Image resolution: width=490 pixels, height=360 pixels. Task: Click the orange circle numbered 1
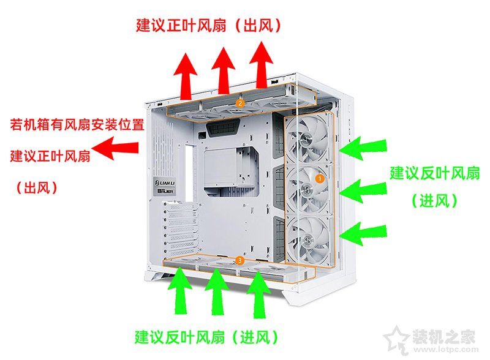pyautogui.click(x=320, y=178)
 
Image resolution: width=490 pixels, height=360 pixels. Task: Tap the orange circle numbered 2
pyautogui.click(x=240, y=103)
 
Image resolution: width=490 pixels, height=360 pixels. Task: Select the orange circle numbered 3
pyautogui.click(x=239, y=260)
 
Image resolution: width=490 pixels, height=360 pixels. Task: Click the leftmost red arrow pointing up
pyautogui.click(x=186, y=77)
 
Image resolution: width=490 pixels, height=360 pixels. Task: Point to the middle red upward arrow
pyautogui.click(x=223, y=70)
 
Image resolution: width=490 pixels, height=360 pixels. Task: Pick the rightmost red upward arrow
pyautogui.click(x=262, y=65)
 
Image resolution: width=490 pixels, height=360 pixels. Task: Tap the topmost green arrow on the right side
pyautogui.click(x=363, y=148)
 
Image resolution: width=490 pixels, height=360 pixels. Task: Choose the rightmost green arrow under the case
pyautogui.click(x=258, y=294)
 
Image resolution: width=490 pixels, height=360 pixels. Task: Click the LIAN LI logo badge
pyautogui.click(x=165, y=182)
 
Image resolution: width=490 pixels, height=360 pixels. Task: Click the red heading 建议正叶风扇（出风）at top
pyautogui.click(x=208, y=25)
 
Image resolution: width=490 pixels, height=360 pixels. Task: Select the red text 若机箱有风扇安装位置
pyautogui.click(x=77, y=124)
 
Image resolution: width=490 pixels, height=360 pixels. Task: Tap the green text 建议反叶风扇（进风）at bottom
pyautogui.click(x=206, y=337)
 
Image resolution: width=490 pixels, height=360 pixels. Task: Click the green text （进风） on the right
pyautogui.click(x=434, y=200)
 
